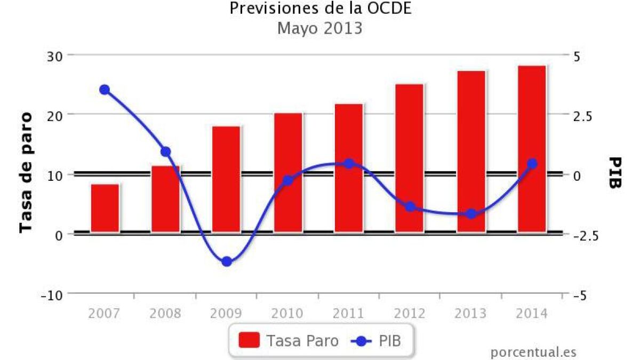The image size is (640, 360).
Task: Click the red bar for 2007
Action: (x=105, y=208)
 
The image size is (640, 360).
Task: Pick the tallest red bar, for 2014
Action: (x=532, y=149)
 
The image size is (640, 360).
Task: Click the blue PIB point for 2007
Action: (x=105, y=90)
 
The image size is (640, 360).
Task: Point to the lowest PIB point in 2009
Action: (x=227, y=261)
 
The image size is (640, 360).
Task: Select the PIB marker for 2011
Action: (x=349, y=164)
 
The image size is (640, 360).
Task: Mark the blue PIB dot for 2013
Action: (x=471, y=214)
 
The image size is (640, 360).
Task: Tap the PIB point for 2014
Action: (x=532, y=164)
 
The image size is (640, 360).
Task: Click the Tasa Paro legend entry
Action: (x=289, y=340)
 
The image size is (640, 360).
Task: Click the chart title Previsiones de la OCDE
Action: (x=321, y=9)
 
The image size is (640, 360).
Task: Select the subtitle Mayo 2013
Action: (x=320, y=28)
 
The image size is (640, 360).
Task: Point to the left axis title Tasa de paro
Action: (x=25, y=172)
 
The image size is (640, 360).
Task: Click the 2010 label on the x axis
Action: (x=287, y=313)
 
